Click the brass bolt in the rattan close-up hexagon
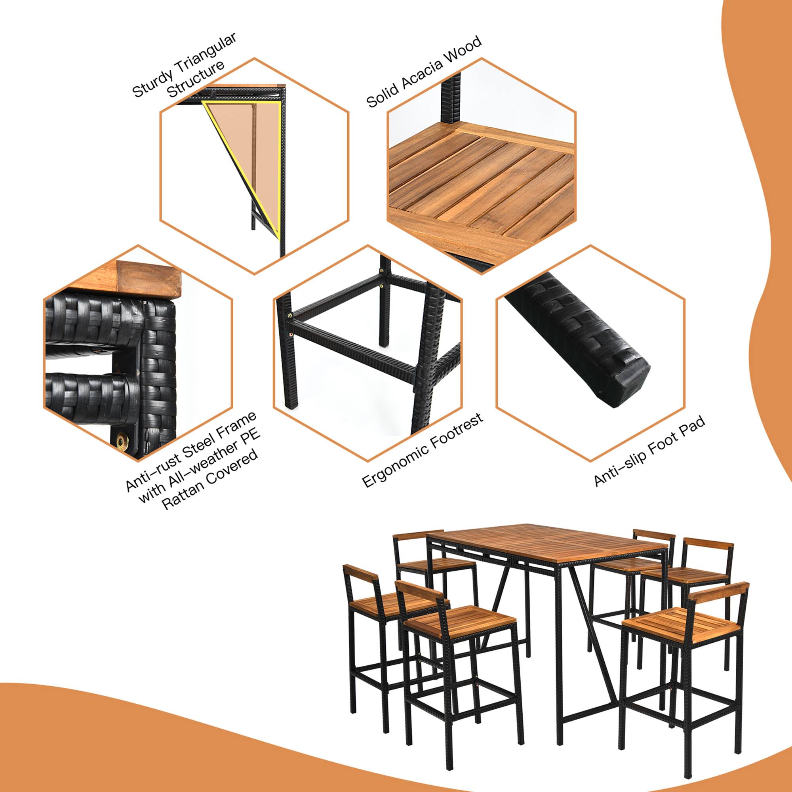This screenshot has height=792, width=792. (x=122, y=441)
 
